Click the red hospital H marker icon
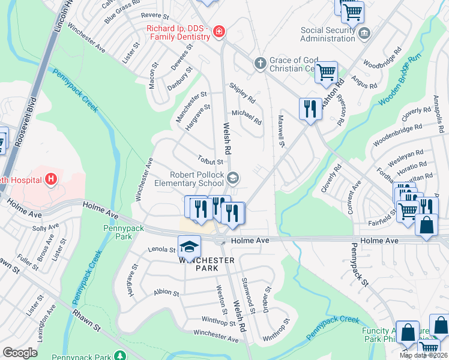tap(52, 179)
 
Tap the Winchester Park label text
tap(206, 265)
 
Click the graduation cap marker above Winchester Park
tap(188, 246)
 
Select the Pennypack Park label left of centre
tap(116, 232)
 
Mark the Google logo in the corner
tap(20, 353)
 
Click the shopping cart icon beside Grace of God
tap(326, 72)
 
